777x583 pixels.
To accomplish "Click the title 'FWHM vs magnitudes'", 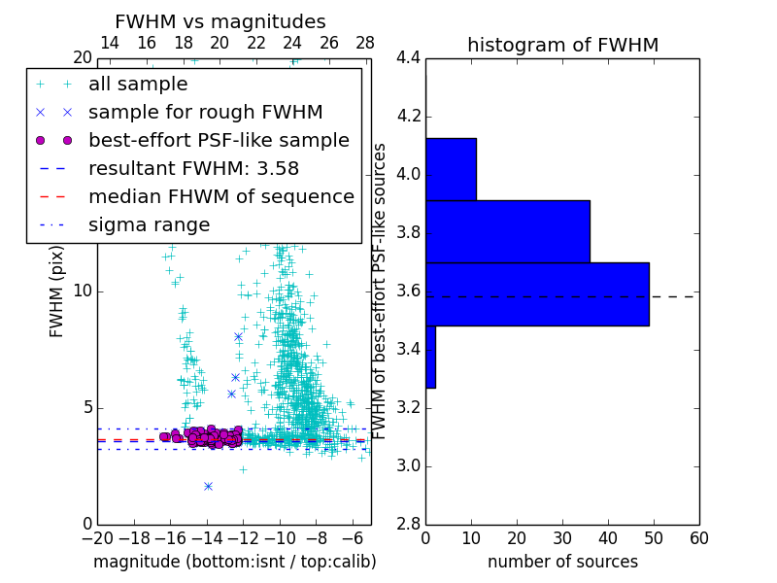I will tap(220, 21).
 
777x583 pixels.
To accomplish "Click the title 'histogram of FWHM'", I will tap(562, 45).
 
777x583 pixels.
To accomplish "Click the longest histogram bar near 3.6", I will tap(537, 293).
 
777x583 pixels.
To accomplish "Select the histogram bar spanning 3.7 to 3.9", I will tap(507, 231).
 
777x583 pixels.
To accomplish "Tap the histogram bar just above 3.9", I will tap(451, 169).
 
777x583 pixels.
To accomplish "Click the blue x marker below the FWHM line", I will tap(208, 486).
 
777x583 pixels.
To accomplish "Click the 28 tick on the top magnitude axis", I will tap(365, 43).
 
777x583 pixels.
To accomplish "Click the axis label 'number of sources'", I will tap(562, 562).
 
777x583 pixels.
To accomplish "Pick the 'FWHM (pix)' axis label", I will tap(57, 292).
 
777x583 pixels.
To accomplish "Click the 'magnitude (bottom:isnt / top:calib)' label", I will tap(234, 562).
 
